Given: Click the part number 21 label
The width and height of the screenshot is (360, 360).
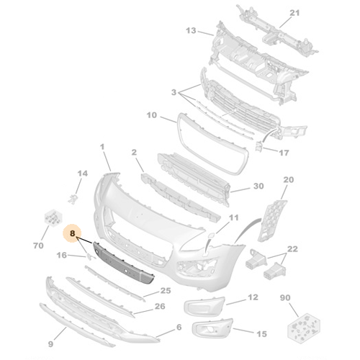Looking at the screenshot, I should pos(293,14).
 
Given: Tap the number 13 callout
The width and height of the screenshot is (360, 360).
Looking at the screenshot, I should pos(190,31).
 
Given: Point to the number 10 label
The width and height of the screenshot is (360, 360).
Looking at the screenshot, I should pos(152,115).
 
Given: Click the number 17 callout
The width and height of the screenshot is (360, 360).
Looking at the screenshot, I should pos(284,153).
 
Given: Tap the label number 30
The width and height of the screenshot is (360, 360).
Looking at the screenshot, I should pos(258,188).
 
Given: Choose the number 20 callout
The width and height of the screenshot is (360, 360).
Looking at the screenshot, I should pos(288,180).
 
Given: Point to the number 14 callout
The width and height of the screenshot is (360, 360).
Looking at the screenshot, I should pos(82,174).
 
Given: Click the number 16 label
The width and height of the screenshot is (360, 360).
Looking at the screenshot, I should pos(61,255).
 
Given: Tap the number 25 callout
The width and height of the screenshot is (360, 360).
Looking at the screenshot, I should pos(166,291).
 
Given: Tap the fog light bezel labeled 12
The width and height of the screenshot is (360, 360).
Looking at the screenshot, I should pos(205,305).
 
